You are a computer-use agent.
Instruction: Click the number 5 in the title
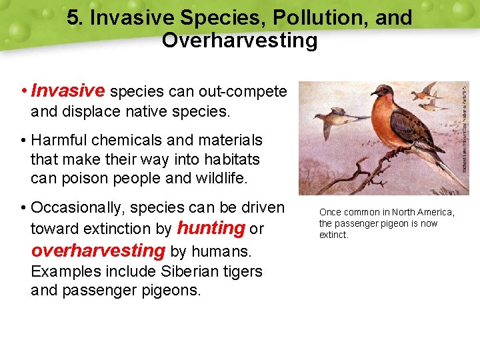click(73, 18)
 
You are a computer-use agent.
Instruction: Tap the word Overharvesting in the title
click(239, 41)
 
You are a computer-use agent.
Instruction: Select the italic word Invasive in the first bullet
click(68, 90)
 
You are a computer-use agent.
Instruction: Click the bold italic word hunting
click(211, 229)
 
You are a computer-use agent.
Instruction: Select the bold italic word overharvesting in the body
click(97, 251)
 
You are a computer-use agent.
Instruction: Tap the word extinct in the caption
click(333, 235)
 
